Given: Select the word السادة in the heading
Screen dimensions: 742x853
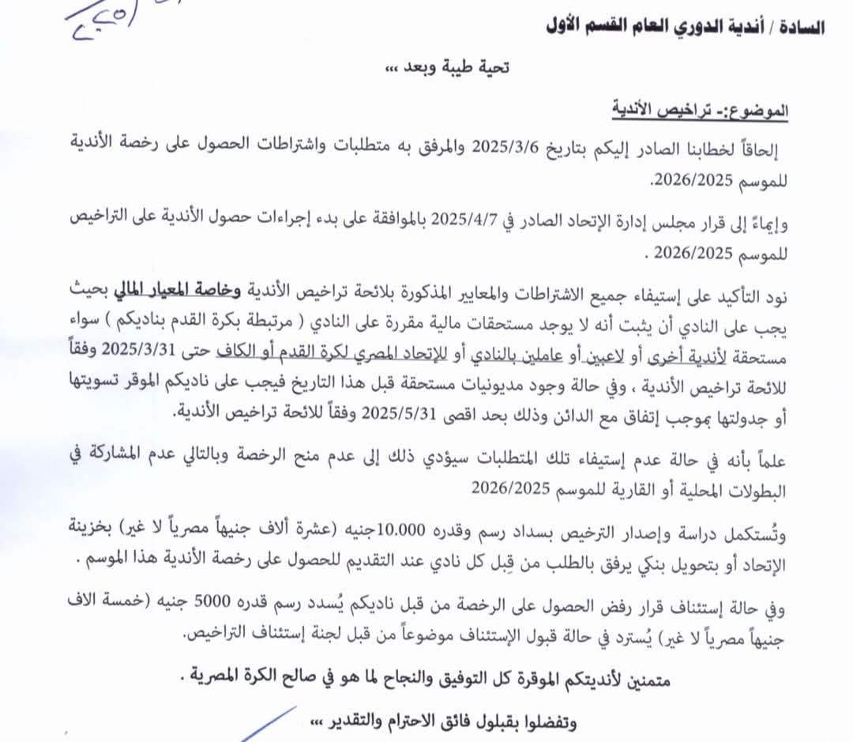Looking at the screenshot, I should [803, 27].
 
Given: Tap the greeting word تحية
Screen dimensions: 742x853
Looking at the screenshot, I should [491, 69].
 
